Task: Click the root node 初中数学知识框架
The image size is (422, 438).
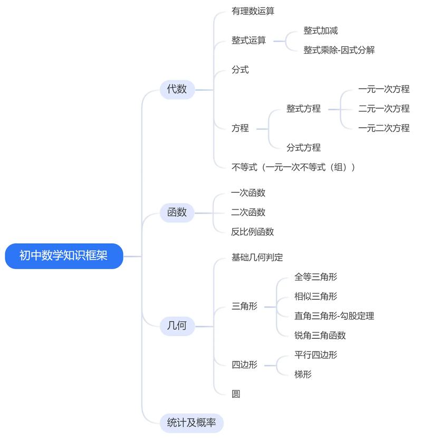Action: pyautogui.click(x=63, y=256)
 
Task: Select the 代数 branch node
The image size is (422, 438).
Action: pyautogui.click(x=177, y=89)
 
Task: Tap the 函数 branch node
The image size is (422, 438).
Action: pyautogui.click(x=177, y=212)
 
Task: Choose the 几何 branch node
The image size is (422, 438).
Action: pyautogui.click(x=177, y=326)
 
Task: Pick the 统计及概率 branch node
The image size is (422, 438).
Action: pyautogui.click(x=191, y=423)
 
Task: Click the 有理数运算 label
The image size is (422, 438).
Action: pyautogui.click(x=253, y=11)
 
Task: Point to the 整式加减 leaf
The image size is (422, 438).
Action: pyautogui.click(x=320, y=31)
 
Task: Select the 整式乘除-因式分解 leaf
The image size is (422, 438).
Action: pyautogui.click(x=339, y=50)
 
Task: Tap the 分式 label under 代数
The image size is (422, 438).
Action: pyautogui.click(x=240, y=70)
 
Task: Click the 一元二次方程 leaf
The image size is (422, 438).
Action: pyautogui.click(x=383, y=128)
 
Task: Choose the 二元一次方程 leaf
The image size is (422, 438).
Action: pyautogui.click(x=383, y=109)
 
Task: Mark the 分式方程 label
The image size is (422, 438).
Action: pyautogui.click(x=303, y=148)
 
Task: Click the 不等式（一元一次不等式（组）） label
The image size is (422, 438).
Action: pyautogui.click(x=293, y=167)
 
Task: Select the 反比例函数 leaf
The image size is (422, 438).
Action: pyautogui.click(x=253, y=232)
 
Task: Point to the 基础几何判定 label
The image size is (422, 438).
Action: pyautogui.click(x=257, y=258)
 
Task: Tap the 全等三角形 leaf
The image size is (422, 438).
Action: pyautogui.click(x=315, y=277)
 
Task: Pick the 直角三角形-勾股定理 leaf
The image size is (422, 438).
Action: pyautogui.click(x=334, y=316)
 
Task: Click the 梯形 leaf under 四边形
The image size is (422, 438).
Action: pyautogui.click(x=303, y=375)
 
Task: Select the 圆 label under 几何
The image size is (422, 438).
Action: pyautogui.click(x=236, y=394)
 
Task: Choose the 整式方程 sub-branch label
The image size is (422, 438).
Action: pyautogui.click(x=303, y=109)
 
